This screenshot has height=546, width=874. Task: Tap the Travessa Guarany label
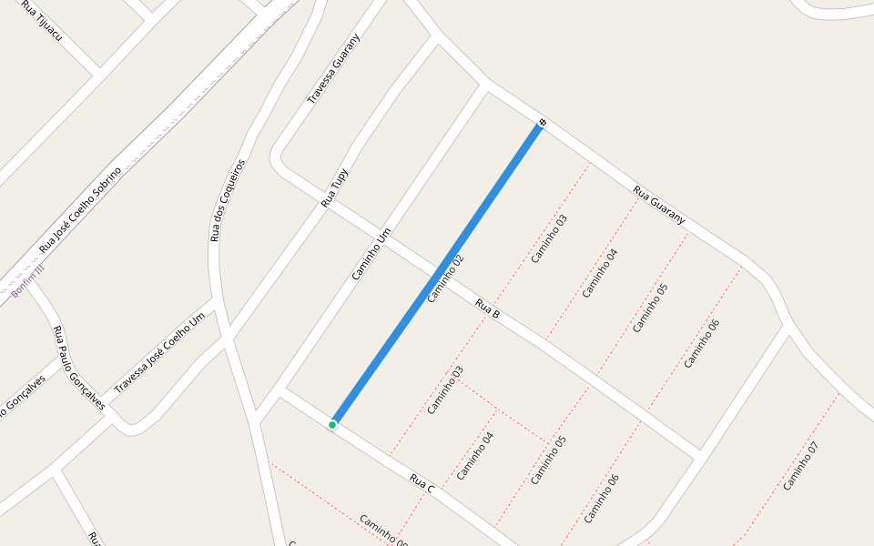[x=333, y=68]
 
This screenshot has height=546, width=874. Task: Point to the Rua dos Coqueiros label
[x=228, y=200]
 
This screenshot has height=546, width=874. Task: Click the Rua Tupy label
[x=334, y=188]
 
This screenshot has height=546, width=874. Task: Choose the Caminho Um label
[x=371, y=253]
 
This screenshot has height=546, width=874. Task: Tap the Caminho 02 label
[x=445, y=278]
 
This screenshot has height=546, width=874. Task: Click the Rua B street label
[x=488, y=308]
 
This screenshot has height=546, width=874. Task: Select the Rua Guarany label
[x=659, y=206]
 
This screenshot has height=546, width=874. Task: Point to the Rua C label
[x=422, y=484]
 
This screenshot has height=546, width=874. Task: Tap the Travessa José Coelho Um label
[x=159, y=355]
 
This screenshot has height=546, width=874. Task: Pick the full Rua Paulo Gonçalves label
[x=77, y=368]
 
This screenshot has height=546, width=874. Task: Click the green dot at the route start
[x=332, y=425]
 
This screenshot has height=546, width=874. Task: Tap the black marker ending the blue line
[x=543, y=122]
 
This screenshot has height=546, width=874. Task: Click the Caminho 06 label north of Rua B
[x=702, y=343]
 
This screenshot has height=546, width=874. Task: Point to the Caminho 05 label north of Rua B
[x=650, y=308]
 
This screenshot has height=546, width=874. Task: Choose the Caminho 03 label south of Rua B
[x=445, y=390]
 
